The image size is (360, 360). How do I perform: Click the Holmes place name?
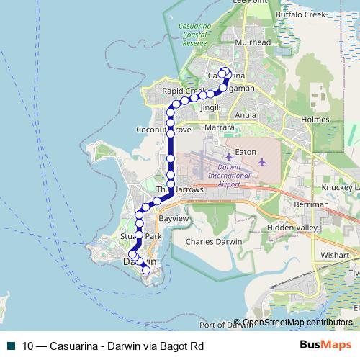tap(315, 120)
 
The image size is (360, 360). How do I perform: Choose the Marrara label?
tap(220, 127)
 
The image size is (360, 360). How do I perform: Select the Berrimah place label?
tap(315, 204)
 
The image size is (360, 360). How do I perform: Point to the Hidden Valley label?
tap(291, 227)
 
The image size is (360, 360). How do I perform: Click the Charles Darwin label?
tap(214, 242)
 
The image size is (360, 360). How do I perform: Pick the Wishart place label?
tap(335, 254)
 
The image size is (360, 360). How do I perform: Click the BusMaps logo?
tap(326, 346)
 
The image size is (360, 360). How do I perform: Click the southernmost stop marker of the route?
tap(146, 270)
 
